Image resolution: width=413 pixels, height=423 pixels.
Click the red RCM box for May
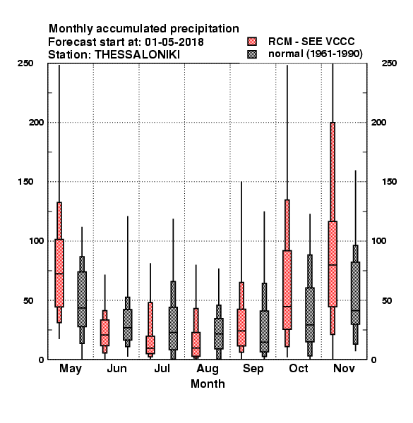tap(59, 273)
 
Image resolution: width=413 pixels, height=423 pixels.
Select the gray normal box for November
tap(356, 293)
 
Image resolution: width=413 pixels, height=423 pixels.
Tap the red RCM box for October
tap(287, 290)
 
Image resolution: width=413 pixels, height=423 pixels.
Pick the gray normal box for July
tap(173, 329)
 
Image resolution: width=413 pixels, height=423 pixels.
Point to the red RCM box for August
tap(196, 345)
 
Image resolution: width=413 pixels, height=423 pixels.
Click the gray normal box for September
tap(265, 331)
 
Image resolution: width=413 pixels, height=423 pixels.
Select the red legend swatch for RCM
tap(252, 42)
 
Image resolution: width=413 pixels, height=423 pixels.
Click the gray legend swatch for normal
tap(252, 54)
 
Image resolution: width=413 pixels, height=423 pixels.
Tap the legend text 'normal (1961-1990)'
tap(315, 54)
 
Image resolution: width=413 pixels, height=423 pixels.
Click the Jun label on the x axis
tap(116, 369)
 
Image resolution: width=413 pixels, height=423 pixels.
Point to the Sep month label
tap(253, 369)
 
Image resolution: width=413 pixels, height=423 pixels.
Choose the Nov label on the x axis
tap(344, 369)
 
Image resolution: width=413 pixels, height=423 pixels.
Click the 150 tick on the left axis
tap(25, 182)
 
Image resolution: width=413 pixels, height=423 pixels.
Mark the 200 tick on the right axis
tap(378, 122)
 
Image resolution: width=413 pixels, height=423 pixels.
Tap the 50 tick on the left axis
tap(28, 300)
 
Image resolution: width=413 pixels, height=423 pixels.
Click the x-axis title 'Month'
tap(208, 384)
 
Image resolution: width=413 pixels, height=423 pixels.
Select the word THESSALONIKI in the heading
tap(137, 55)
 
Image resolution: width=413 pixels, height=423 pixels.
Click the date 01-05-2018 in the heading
tap(174, 42)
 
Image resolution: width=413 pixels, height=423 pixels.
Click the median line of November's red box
tap(333, 264)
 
